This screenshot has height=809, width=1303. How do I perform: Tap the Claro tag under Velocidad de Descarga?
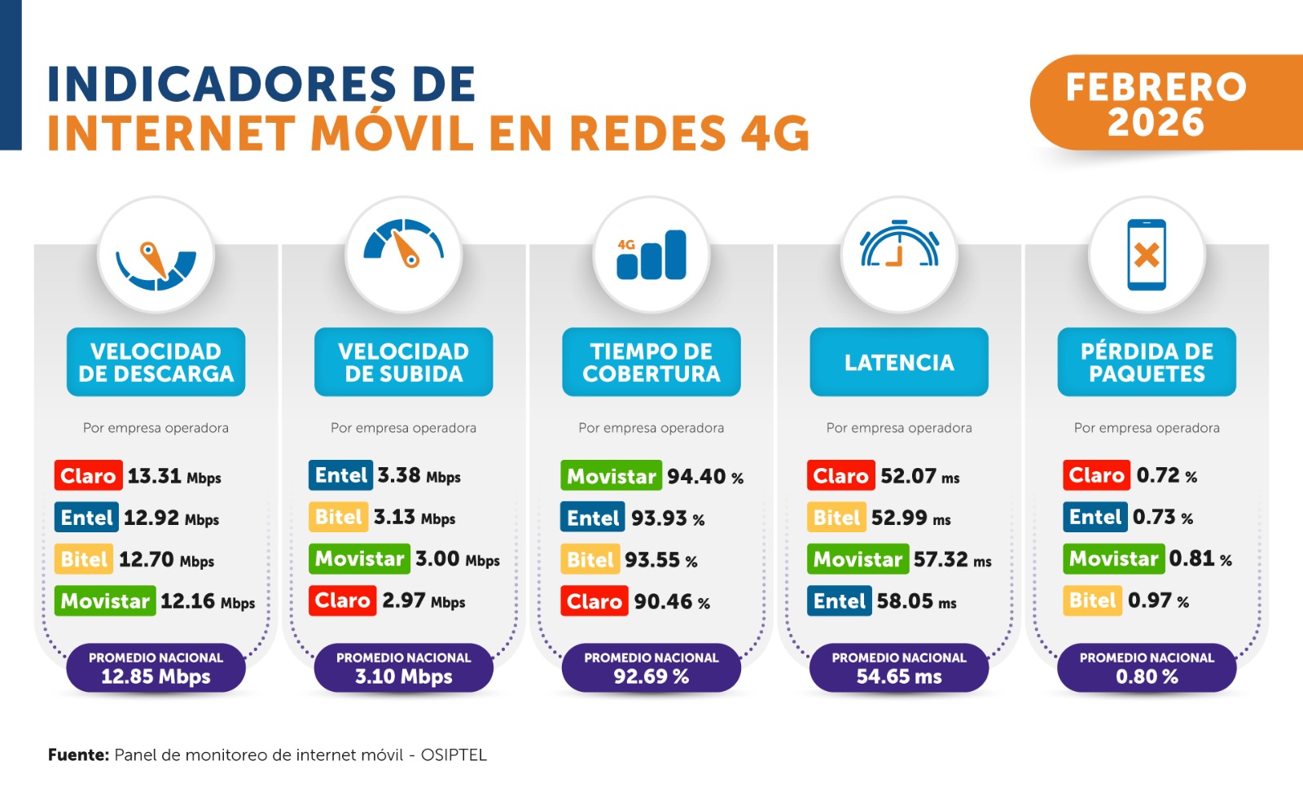[89, 475]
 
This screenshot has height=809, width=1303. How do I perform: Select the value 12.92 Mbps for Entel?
[171, 518]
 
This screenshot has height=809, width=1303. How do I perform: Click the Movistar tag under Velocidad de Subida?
[359, 558]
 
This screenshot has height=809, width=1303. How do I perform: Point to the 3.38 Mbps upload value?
[419, 475]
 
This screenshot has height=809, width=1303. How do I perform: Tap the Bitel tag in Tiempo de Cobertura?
[590, 560]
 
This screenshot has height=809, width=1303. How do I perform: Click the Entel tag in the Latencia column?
[839, 601]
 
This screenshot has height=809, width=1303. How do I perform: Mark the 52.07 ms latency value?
[919, 476]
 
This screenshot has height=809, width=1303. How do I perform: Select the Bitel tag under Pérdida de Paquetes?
[1092, 601]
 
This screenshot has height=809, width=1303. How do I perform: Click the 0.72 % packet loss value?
[1166, 475]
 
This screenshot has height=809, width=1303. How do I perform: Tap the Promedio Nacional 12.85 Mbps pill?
[156, 667]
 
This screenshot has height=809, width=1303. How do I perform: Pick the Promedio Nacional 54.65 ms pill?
[899, 667]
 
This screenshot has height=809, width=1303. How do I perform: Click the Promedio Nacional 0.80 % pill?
[1147, 667]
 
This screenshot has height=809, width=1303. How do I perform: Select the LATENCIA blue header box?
[899, 362]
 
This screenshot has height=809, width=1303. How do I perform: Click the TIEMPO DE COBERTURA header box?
[651, 362]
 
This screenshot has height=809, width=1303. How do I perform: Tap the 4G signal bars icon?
[651, 255]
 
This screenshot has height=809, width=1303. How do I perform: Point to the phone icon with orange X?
[1147, 255]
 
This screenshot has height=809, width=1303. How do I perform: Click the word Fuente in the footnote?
[78, 754]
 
